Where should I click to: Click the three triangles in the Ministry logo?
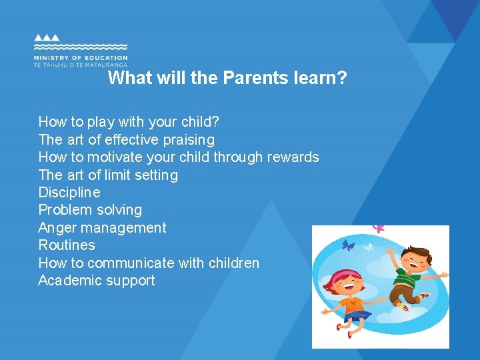(47, 38)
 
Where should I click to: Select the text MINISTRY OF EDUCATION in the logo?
(80, 58)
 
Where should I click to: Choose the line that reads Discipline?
(69, 193)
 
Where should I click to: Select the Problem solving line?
(90, 210)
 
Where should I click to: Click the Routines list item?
(67, 245)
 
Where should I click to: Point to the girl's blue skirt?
(357, 315)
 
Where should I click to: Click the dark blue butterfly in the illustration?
(347, 245)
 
